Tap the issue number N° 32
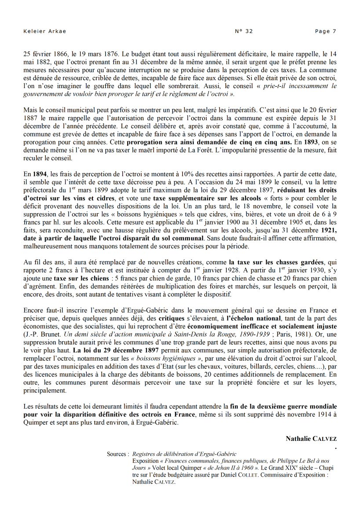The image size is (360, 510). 244,31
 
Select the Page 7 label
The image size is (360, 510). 326,31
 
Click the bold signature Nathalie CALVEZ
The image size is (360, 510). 311,439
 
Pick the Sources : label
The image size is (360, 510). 118,454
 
